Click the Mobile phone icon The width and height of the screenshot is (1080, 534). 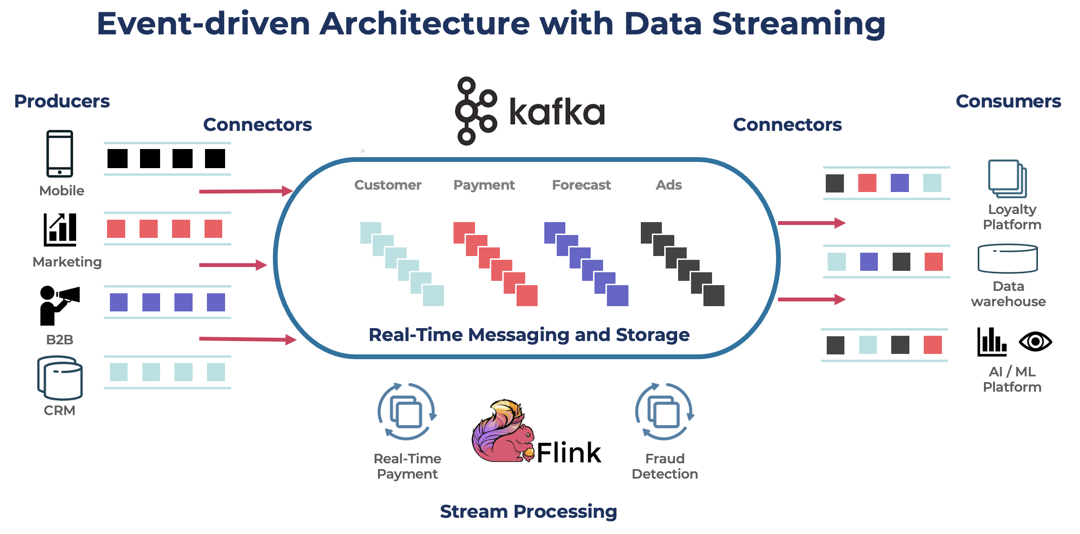(60, 153)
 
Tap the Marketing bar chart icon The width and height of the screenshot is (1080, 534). (60, 230)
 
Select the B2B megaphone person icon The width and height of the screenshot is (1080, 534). (58, 305)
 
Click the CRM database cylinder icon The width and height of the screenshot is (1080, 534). (60, 378)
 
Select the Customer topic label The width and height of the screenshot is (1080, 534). (388, 185)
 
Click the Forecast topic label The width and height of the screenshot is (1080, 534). (581, 185)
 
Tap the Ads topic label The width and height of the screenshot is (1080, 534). (669, 185)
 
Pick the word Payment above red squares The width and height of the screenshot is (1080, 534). (484, 185)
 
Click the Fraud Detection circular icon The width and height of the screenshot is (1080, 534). (664, 412)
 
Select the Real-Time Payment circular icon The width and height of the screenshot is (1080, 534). (407, 412)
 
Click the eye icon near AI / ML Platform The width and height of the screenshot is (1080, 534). (1035, 342)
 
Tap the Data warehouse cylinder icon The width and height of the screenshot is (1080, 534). (1007, 258)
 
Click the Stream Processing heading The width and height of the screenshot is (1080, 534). (528, 512)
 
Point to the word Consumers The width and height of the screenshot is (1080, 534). (1008, 101)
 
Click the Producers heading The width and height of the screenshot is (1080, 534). (62, 101)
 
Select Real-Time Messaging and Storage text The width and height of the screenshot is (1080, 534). (529, 335)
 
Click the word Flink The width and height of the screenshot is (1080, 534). (569, 453)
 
